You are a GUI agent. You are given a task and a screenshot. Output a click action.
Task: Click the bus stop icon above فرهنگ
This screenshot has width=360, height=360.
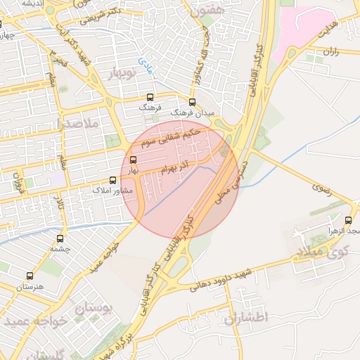point(149,98)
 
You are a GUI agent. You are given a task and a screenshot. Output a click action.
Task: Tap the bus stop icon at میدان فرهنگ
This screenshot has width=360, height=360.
point(193,102)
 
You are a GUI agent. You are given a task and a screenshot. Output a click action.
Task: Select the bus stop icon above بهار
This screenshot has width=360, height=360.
point(134,160)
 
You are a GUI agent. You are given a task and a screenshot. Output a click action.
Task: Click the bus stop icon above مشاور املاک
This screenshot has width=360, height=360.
point(113,180)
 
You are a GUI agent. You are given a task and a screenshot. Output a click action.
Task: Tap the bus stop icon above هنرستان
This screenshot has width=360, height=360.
point(29,276)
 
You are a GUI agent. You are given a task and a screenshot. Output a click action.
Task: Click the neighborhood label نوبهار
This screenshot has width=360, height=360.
point(122,72)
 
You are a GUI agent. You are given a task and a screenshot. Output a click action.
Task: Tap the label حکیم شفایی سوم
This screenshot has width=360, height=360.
point(172,137)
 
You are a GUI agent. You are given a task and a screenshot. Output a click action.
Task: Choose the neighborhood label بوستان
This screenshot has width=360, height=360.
point(94,309)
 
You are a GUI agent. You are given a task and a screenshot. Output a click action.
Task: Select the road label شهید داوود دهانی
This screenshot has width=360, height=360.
point(225,279)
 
